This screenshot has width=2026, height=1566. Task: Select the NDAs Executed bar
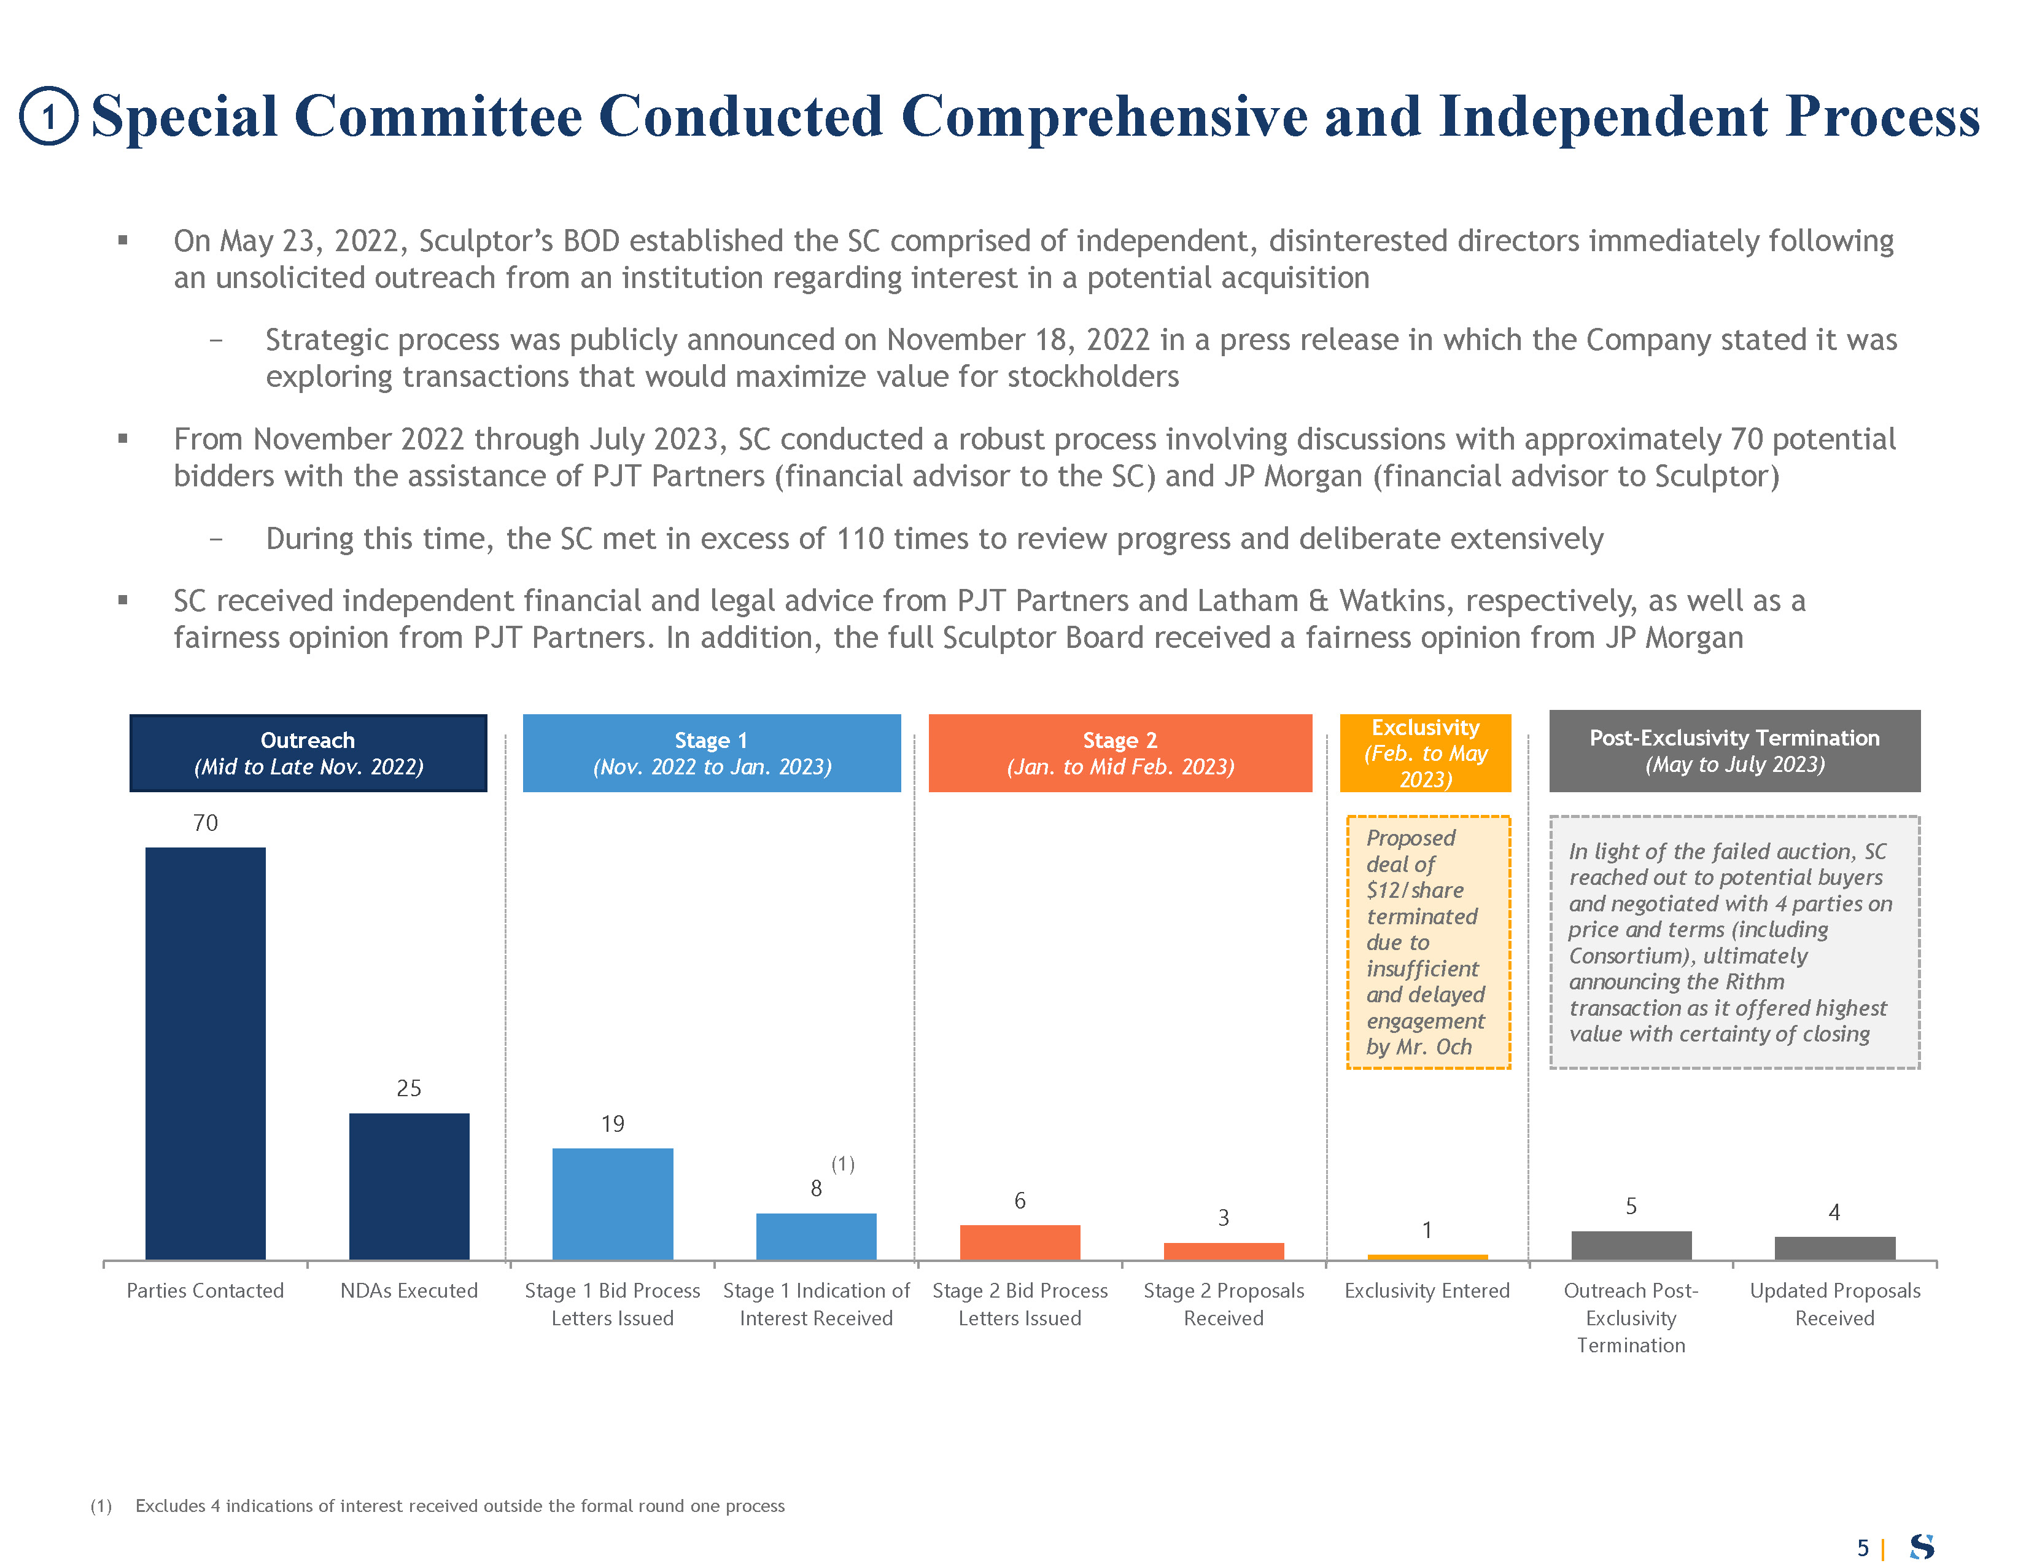tap(409, 1186)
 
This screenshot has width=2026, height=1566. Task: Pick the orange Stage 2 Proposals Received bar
tap(1224, 1250)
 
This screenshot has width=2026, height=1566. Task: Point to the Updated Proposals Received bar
tap(1834, 1248)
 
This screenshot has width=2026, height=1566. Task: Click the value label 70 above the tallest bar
tap(205, 823)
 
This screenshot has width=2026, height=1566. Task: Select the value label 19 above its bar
tap(612, 1123)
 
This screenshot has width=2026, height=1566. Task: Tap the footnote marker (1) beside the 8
tap(842, 1164)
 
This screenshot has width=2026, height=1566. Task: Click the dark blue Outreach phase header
tap(308, 752)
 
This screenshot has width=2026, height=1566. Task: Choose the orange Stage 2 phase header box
tap(1120, 752)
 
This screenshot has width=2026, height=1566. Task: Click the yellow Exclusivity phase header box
tap(1425, 752)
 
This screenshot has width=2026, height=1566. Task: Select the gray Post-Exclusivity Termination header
tap(1734, 750)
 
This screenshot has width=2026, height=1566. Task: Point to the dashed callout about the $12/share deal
tap(1427, 941)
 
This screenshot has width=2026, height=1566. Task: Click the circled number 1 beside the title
tap(49, 117)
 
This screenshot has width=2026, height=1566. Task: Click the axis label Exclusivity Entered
tap(1427, 1290)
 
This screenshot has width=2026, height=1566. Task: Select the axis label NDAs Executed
tap(409, 1290)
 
